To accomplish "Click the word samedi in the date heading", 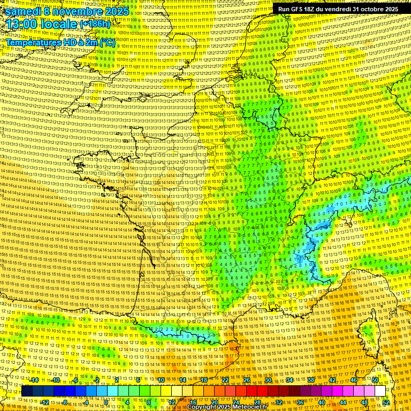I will [24, 11].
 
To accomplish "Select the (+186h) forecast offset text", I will [95, 24].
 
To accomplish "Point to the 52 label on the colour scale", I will [386, 402].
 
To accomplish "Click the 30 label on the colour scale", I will [268, 380].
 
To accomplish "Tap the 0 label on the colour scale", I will [106, 402].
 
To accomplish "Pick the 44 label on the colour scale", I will [342, 402].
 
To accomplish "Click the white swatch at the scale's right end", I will [380, 391].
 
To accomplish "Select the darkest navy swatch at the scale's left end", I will [27, 391].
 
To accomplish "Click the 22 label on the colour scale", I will [225, 380].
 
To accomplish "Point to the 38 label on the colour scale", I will [310, 380].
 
